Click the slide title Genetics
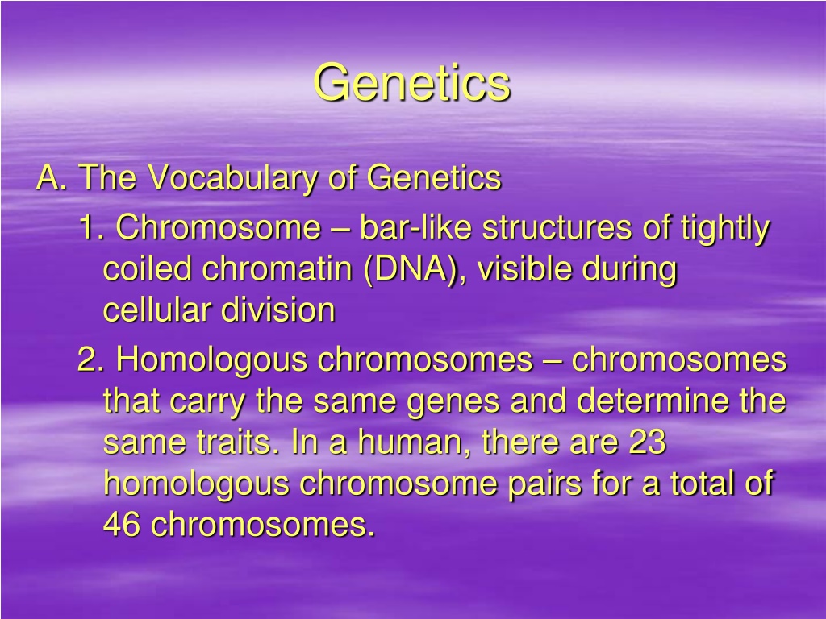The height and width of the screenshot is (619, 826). click(x=412, y=83)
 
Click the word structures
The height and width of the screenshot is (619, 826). click(x=557, y=228)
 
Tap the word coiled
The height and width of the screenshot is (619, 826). click(x=147, y=268)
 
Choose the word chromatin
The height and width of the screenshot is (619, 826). click(x=277, y=268)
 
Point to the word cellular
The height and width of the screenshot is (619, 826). click(x=157, y=309)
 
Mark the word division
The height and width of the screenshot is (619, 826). click(x=277, y=309)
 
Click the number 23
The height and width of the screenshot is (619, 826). click(x=648, y=442)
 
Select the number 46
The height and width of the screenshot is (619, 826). click(x=122, y=524)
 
